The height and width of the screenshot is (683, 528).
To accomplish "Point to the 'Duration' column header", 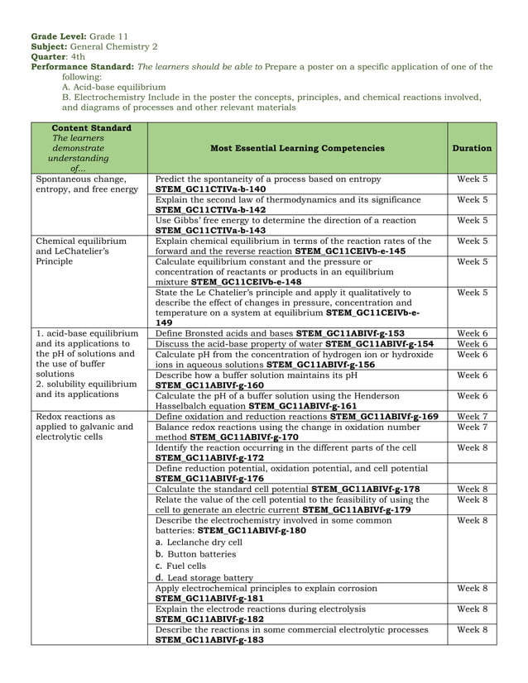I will coord(472,148).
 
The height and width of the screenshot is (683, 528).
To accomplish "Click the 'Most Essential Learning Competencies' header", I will coord(297,148).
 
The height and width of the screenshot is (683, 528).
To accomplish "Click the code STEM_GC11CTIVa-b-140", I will coord(210,189).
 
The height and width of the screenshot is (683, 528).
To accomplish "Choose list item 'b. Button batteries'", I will coord(195,554).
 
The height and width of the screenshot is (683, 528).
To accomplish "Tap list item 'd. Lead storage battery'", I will coord(204,577).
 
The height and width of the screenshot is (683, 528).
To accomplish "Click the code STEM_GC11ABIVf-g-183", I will coord(210,639).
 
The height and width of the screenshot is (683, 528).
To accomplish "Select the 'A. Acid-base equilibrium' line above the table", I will coord(114,86).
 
